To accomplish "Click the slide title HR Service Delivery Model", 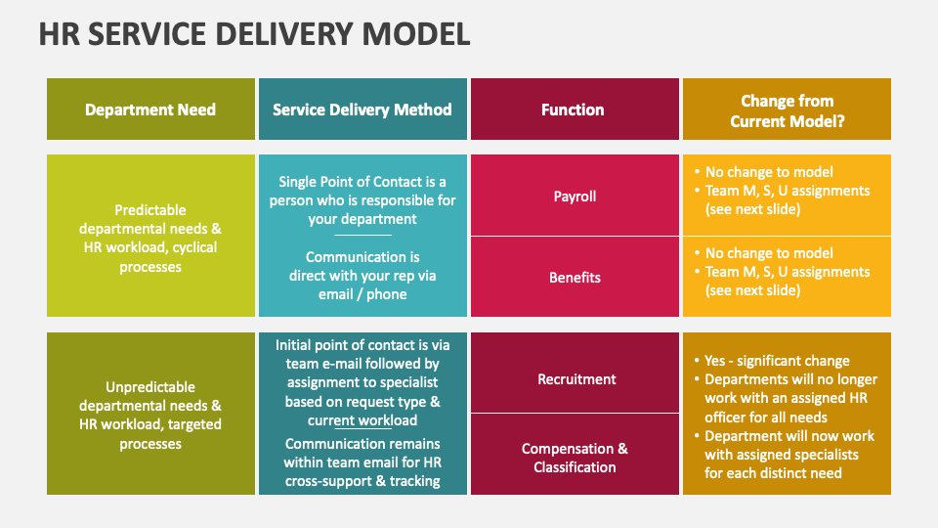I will coord(254,34).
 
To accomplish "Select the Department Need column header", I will coord(150,110).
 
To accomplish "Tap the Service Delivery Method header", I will coord(362,110).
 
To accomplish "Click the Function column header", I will coord(573,110).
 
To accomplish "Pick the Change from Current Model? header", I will coord(787,110).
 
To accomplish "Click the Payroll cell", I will coord(575,196).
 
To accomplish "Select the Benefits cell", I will coord(575,278).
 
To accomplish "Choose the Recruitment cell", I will coord(576,379).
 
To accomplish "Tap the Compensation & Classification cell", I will coord(575,458).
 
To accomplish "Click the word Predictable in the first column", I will coord(150,210).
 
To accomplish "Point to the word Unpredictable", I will coord(150,387).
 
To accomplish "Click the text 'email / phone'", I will coord(362,294).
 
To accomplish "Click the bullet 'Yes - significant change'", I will coord(777,361).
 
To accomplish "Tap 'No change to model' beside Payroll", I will coord(769,172).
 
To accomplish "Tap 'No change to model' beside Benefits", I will coord(769,253).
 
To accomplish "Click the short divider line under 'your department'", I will coord(362,235).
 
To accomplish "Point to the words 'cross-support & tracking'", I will coord(362,481).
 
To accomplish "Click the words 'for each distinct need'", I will coord(773,473).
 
